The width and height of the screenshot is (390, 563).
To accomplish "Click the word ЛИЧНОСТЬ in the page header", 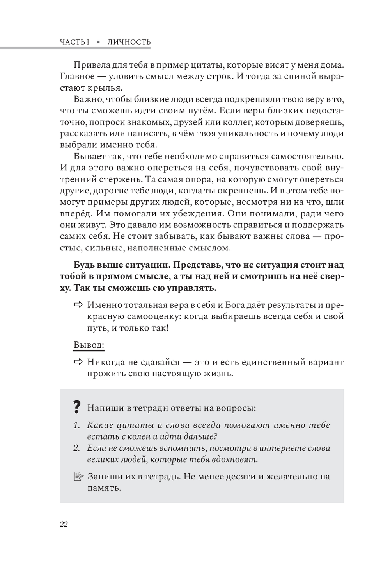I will tap(129, 42).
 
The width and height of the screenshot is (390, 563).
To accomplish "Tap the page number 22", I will tap(64, 524).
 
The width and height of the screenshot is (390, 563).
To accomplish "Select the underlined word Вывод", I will tap(89, 345).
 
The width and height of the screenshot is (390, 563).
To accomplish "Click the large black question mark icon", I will tap(77, 408).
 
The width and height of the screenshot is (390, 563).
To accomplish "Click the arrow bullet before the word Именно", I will tap(78, 305).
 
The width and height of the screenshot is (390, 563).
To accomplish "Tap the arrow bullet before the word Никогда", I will tap(78, 362).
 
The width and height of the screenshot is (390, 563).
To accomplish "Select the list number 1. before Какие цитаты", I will tap(76, 425).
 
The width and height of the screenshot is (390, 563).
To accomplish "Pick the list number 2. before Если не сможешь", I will tap(76, 448).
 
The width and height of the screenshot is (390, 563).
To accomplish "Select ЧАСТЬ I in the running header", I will tap(75, 42).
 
